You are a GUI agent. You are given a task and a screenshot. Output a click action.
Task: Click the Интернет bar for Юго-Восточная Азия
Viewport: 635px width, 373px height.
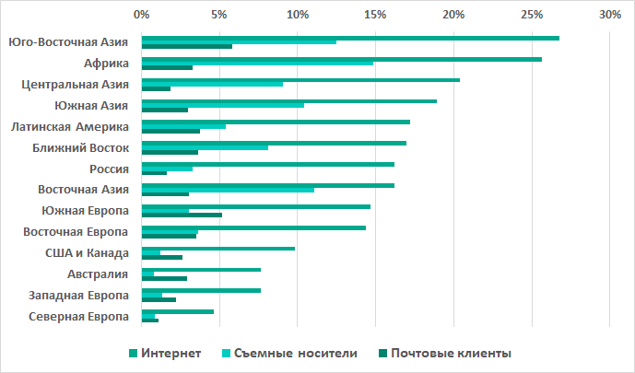[350, 38]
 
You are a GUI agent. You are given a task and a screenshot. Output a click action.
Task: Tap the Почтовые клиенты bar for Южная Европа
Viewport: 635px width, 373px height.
[182, 215]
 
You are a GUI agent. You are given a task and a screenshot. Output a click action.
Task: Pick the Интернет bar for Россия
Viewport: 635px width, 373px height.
[267, 164]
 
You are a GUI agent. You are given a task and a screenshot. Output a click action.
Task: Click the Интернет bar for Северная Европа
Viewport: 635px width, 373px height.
[177, 311]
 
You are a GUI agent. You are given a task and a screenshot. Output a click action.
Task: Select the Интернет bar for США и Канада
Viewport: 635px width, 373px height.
[218, 248]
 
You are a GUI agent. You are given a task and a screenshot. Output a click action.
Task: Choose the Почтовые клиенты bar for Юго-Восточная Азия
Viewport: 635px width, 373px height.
[186, 46]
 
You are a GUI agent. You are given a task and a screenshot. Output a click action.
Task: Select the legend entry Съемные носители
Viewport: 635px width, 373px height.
[288, 353]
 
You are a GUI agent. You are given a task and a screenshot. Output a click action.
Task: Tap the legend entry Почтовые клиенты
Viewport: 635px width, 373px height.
[442, 353]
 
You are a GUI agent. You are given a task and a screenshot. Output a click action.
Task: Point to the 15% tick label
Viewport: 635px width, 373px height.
[375, 15]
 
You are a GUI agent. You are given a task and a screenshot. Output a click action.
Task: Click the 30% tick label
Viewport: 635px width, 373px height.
[609, 15]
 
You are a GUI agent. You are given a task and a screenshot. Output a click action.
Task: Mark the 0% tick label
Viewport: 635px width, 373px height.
[141, 15]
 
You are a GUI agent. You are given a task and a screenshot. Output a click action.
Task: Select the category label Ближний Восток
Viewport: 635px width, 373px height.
[80, 147]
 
